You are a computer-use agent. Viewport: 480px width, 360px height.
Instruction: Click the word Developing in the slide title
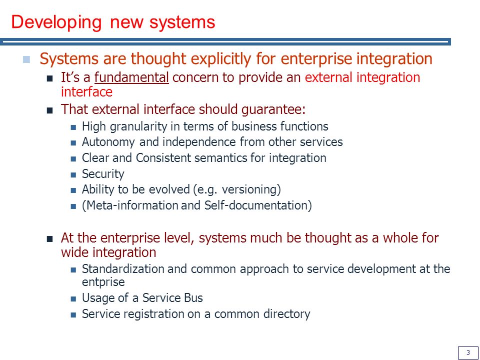pos(56,23)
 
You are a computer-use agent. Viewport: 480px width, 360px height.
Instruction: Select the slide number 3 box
pos(468,352)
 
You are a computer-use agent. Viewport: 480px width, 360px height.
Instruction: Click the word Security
pos(103,174)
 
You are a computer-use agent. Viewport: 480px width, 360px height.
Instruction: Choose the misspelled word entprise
pos(103,282)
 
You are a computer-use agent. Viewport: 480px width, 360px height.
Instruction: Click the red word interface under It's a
pos(86,92)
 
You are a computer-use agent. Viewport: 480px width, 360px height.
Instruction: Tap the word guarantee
pos(273,110)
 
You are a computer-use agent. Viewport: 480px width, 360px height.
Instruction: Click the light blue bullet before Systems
pos(26,59)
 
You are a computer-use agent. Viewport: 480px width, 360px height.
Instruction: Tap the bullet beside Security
pos(73,175)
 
